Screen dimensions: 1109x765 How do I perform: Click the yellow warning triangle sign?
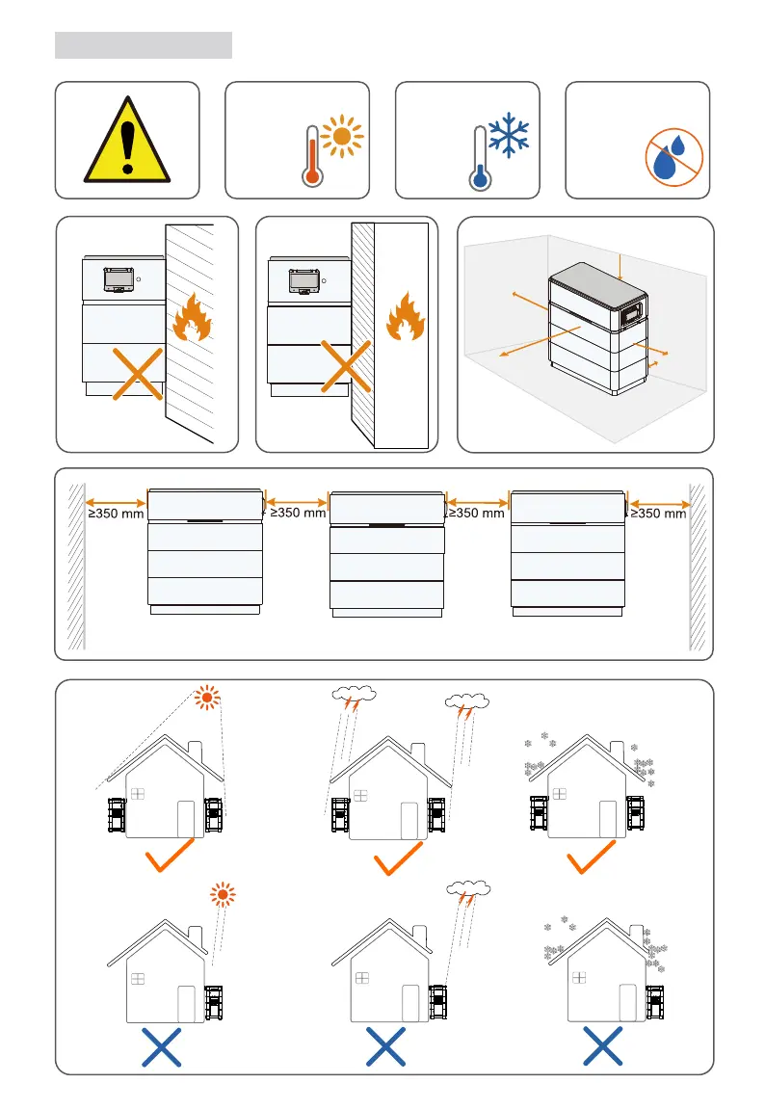coord(127,144)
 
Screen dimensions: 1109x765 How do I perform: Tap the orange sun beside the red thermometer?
coord(341,138)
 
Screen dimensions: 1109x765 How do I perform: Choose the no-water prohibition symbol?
coord(672,154)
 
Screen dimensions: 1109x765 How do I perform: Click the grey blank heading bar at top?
coord(144,44)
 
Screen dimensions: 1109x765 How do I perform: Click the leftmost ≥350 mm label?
coord(116,514)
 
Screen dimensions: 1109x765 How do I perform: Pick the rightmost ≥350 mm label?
coord(660,514)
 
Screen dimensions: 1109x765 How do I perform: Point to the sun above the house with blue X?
coord(224,895)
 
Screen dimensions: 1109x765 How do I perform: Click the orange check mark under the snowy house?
coord(591,857)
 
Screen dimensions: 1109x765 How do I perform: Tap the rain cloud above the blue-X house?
coord(469,889)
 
